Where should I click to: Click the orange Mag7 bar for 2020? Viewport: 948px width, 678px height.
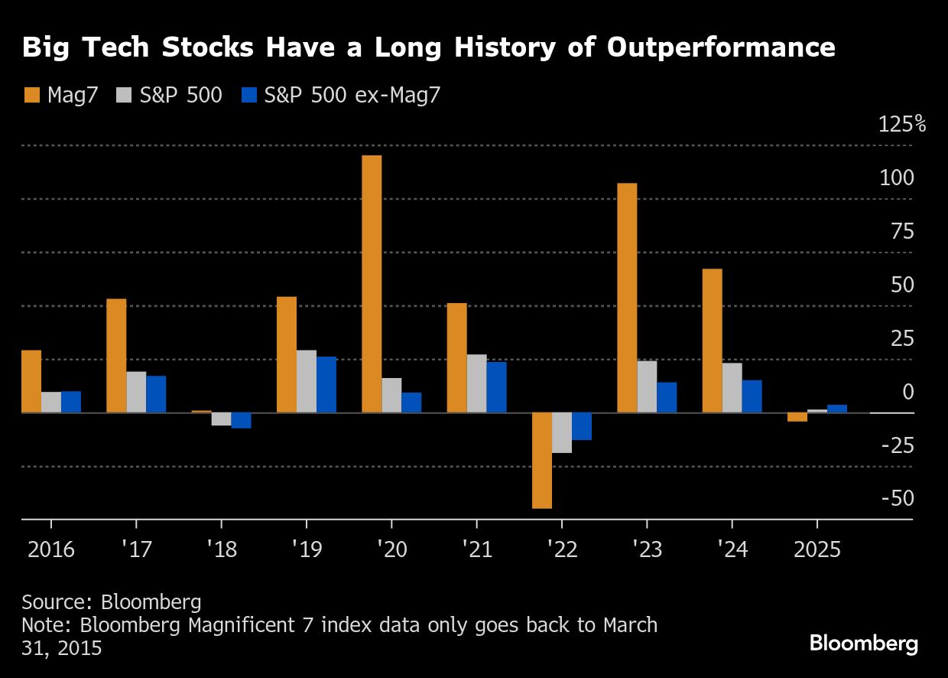372,284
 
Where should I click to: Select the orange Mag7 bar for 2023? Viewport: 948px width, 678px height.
627,298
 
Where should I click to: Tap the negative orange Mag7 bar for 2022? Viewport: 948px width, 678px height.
542,460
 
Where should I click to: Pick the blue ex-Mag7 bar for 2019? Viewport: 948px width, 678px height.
326,384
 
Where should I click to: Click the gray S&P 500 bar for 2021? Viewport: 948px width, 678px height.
477,383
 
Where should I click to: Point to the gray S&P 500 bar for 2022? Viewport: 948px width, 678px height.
562,432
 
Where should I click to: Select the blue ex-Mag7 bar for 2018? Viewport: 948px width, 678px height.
242,420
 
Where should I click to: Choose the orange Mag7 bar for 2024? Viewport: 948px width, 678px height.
712,341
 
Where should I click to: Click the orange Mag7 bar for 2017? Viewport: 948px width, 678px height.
116,356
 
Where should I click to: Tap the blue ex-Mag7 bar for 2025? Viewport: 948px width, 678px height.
837,409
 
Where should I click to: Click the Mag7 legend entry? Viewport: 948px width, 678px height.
61,96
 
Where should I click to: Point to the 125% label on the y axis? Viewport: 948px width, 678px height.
902,124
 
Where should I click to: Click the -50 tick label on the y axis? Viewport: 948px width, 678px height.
898,498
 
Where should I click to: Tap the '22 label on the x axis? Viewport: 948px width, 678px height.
562,549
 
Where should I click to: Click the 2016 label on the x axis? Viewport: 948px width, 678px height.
51,549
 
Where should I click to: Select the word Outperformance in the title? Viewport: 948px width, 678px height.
721,47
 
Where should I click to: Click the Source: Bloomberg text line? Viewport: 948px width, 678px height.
112,601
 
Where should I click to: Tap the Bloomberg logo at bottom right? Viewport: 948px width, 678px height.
864,644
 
